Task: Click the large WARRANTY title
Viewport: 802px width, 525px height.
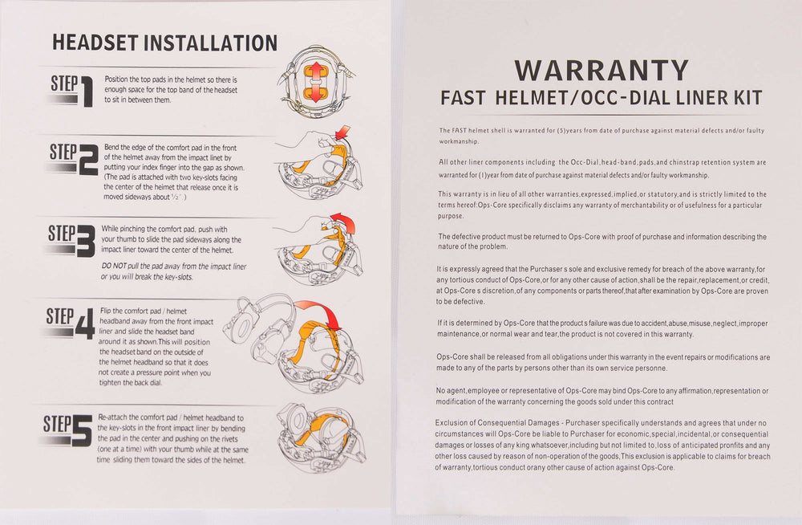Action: (601, 71)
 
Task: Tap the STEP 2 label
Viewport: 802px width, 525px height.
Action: (73, 159)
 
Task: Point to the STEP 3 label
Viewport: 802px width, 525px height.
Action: (71, 240)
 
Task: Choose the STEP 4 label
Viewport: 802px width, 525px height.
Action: (70, 324)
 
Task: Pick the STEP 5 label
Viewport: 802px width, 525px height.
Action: (68, 430)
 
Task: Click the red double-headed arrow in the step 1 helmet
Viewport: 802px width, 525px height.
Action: (316, 81)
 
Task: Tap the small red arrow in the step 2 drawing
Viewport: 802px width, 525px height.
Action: (342, 132)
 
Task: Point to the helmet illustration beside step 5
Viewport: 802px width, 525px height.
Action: (321, 438)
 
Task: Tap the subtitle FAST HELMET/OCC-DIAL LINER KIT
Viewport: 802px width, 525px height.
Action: (601, 98)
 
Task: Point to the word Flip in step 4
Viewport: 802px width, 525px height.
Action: (105, 311)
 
